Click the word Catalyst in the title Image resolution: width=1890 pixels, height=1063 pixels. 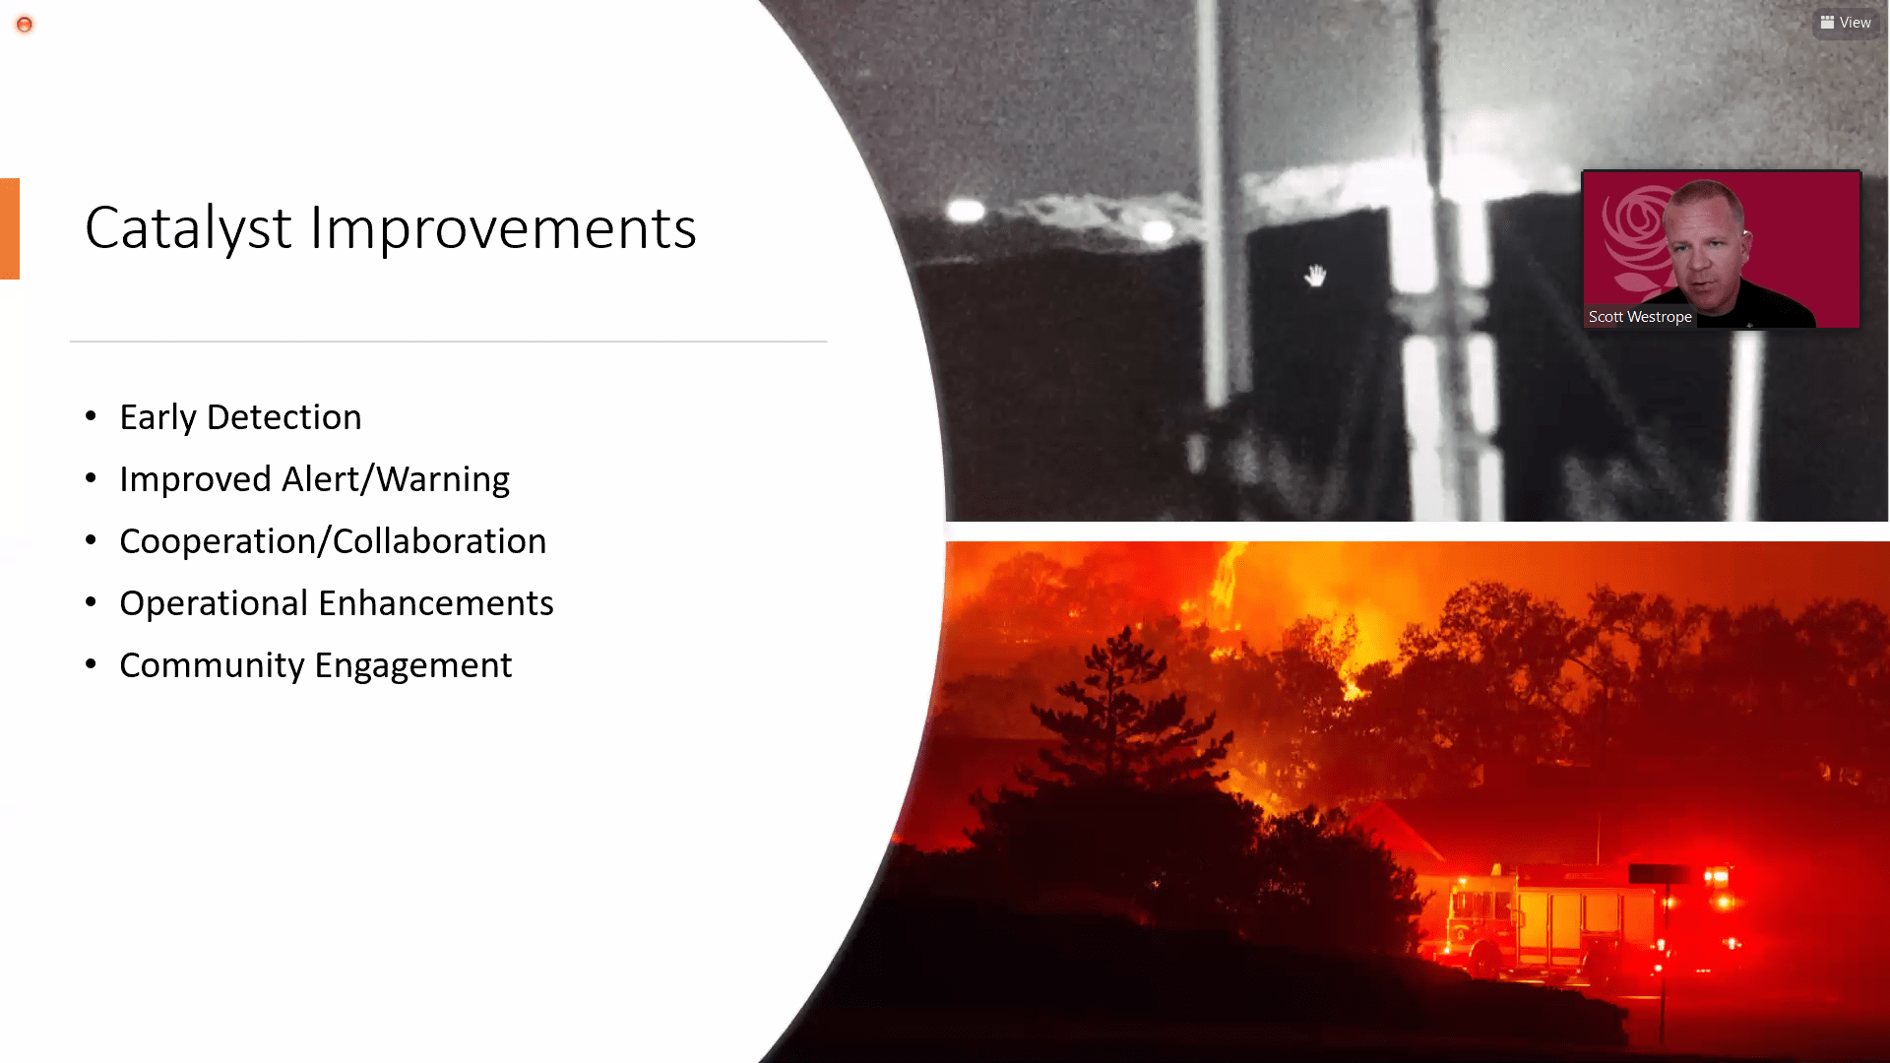[x=188, y=228]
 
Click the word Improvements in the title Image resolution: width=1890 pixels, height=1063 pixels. [x=503, y=227]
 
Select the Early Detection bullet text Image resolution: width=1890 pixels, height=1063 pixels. [x=240, y=417]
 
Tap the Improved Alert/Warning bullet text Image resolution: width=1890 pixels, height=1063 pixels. [x=314, y=479]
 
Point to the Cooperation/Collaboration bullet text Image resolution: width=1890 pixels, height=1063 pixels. [x=333, y=541]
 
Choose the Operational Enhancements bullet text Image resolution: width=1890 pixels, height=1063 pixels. [x=337, y=603]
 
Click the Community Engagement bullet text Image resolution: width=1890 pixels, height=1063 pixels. [x=316, y=665]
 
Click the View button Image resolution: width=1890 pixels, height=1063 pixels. [x=1846, y=23]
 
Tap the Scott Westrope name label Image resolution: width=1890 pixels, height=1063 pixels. [x=1640, y=317]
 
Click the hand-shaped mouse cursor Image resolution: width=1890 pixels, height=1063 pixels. [x=1315, y=276]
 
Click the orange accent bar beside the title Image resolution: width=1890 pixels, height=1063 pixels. [x=10, y=228]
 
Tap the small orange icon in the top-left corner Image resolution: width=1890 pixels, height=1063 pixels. [x=25, y=25]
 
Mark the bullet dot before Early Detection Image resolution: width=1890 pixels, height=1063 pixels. [x=92, y=416]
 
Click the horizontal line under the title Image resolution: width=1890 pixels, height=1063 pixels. [x=448, y=342]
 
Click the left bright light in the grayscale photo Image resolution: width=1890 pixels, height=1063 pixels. [x=966, y=210]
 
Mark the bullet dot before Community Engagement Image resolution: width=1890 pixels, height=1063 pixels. [x=92, y=664]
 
